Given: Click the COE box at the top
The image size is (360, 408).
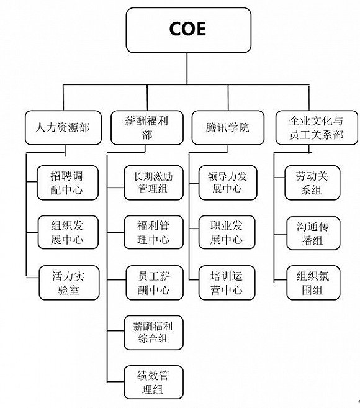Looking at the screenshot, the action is point(188,30).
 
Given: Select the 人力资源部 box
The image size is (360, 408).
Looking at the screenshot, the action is point(63,127).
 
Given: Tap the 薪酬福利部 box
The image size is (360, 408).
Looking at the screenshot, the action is point(147,127).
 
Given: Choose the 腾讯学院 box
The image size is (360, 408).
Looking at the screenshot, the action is point(228,127).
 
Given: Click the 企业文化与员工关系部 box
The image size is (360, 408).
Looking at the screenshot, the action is point(317,127).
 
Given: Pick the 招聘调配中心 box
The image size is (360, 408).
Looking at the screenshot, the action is point(68,183).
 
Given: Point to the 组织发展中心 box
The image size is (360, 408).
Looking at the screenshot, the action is point(68,232).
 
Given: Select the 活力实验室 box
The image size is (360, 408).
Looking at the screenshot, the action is point(69,283).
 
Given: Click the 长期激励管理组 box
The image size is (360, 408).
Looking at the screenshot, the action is point(153,183).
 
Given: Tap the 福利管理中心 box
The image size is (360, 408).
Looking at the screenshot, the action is point(153,232).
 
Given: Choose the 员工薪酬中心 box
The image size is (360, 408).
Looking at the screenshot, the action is point(155,283).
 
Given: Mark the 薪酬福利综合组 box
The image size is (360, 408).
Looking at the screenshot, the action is point(153,332).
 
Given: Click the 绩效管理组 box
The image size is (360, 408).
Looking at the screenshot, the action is point(153,383).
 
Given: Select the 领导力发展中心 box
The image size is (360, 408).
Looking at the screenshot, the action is point(228,183).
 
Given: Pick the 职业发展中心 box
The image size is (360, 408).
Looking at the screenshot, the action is point(227,232).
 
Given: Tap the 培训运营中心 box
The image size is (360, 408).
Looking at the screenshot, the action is point(227,283).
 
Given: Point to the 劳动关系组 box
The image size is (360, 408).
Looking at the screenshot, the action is point(312,183).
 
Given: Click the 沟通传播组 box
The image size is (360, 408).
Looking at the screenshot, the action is point(313,233).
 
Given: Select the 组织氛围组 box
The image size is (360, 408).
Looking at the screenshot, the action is point(313,283).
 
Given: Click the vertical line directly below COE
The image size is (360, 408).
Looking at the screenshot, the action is point(187,69).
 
